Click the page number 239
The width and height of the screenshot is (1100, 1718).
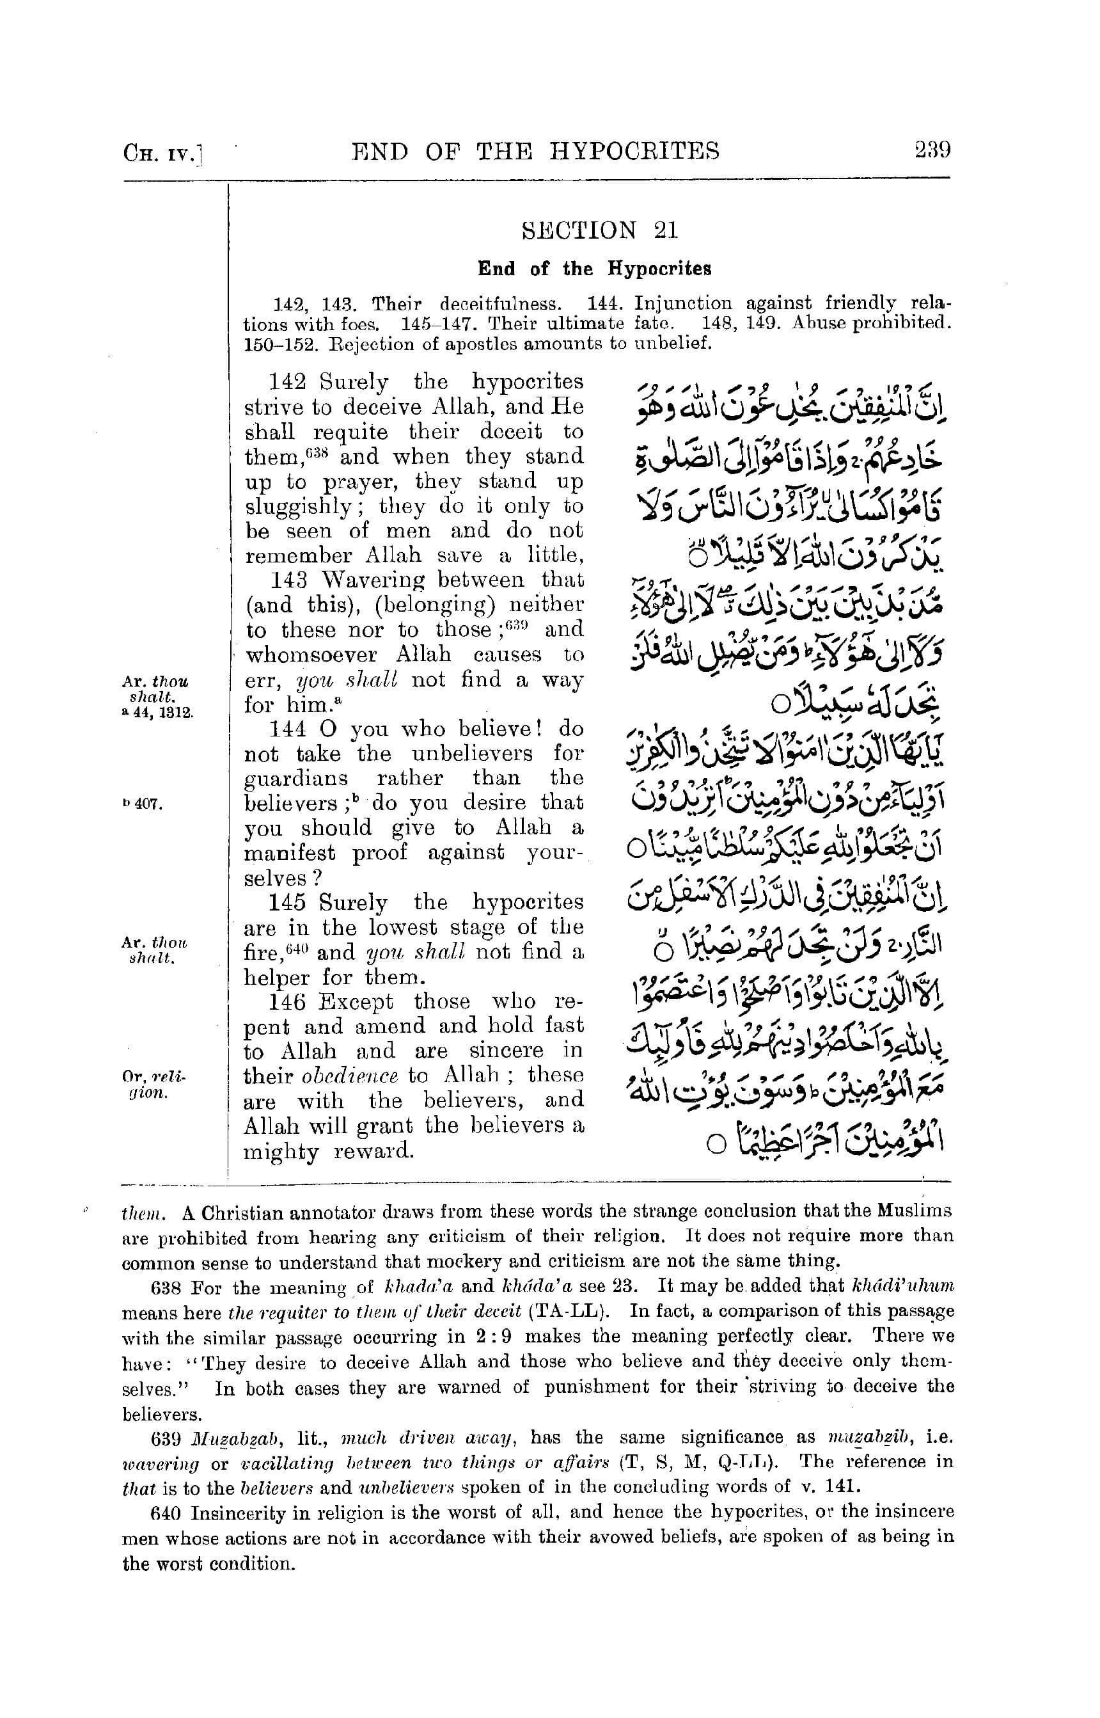click(x=931, y=151)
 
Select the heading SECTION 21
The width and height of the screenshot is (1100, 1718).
click(x=600, y=230)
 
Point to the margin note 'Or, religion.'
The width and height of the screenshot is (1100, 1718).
click(x=153, y=1084)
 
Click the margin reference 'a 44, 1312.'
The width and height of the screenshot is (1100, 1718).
click(x=157, y=712)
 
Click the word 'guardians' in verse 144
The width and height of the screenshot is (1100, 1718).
click(x=297, y=778)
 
